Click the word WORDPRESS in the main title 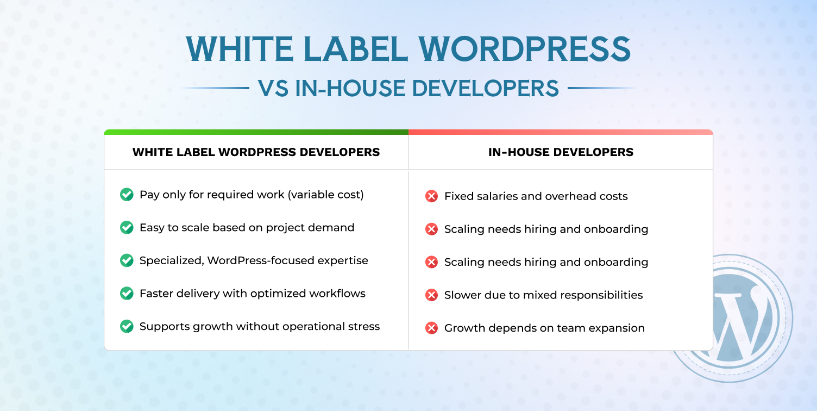[524, 49]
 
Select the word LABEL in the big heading [355, 49]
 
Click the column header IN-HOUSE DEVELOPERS [561, 152]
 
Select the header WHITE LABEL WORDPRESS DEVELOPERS [256, 152]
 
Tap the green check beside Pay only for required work [127, 195]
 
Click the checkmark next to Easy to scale [127, 227]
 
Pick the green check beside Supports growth [127, 326]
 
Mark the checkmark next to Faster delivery [127, 294]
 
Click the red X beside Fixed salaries [431, 196]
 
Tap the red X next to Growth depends [431, 328]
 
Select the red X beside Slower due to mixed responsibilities [431, 295]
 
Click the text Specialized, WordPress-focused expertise [254, 260]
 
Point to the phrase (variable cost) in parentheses [326, 195]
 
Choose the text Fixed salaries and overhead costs [536, 196]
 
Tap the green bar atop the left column [256, 132]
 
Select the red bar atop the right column [561, 132]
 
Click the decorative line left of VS [215, 88]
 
